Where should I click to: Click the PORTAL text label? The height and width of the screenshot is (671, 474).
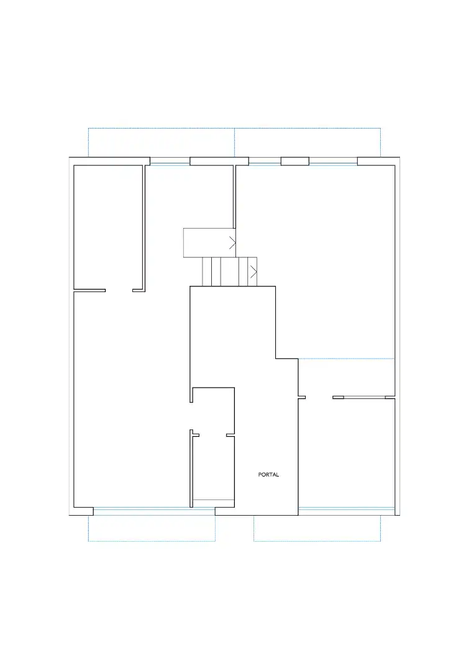268,475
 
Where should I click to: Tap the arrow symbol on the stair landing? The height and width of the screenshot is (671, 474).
232,243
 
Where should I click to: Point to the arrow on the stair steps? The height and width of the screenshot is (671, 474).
253,271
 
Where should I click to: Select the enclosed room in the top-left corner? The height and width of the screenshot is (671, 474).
108,227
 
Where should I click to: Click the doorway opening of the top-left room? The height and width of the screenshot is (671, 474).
119,291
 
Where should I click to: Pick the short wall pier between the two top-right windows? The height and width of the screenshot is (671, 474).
294,162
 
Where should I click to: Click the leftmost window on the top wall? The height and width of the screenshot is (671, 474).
170,162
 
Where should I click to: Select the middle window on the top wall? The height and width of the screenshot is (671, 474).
265,162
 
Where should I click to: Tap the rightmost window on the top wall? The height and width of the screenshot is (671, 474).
333,162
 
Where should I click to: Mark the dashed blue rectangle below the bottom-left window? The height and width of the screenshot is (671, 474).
152,541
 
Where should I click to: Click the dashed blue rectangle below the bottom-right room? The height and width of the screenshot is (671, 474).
317,541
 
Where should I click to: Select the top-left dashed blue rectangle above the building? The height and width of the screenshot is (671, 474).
162,128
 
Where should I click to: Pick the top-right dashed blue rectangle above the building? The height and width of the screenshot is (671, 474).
308,128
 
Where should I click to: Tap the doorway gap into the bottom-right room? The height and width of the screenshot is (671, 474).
319,398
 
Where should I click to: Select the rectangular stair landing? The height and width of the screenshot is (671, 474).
209,243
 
